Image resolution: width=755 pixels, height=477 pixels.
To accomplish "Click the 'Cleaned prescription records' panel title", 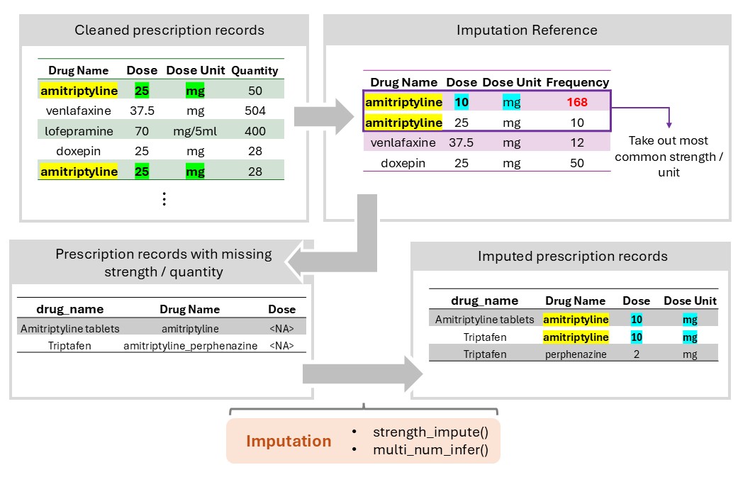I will point(169,30).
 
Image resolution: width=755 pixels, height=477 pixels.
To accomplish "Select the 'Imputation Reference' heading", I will point(527,30).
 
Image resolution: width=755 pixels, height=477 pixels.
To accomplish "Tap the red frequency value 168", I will point(577,102).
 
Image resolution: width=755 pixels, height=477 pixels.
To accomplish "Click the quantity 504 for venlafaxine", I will point(255,111).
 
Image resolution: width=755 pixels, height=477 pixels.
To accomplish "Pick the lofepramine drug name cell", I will point(79,131).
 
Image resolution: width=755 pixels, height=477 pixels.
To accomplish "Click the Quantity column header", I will point(255,70).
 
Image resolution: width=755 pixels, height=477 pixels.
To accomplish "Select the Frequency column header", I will point(577,82).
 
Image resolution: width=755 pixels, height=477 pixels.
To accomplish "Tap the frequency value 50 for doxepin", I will point(577,163).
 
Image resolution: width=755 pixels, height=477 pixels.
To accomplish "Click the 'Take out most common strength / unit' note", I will point(669,156).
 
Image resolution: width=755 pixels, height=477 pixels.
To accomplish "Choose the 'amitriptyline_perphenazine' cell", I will point(190,347).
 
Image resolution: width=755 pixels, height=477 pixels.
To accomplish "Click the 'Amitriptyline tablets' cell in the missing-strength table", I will point(69,329).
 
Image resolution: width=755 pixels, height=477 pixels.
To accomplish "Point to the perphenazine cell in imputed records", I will point(575,354).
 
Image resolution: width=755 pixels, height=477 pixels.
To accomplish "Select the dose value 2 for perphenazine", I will point(637,354).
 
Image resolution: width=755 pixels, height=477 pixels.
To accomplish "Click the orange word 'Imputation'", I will point(289,441).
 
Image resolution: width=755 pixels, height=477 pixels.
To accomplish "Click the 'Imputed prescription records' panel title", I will point(573,256).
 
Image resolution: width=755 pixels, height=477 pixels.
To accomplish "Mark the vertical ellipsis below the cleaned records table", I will point(164,199).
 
